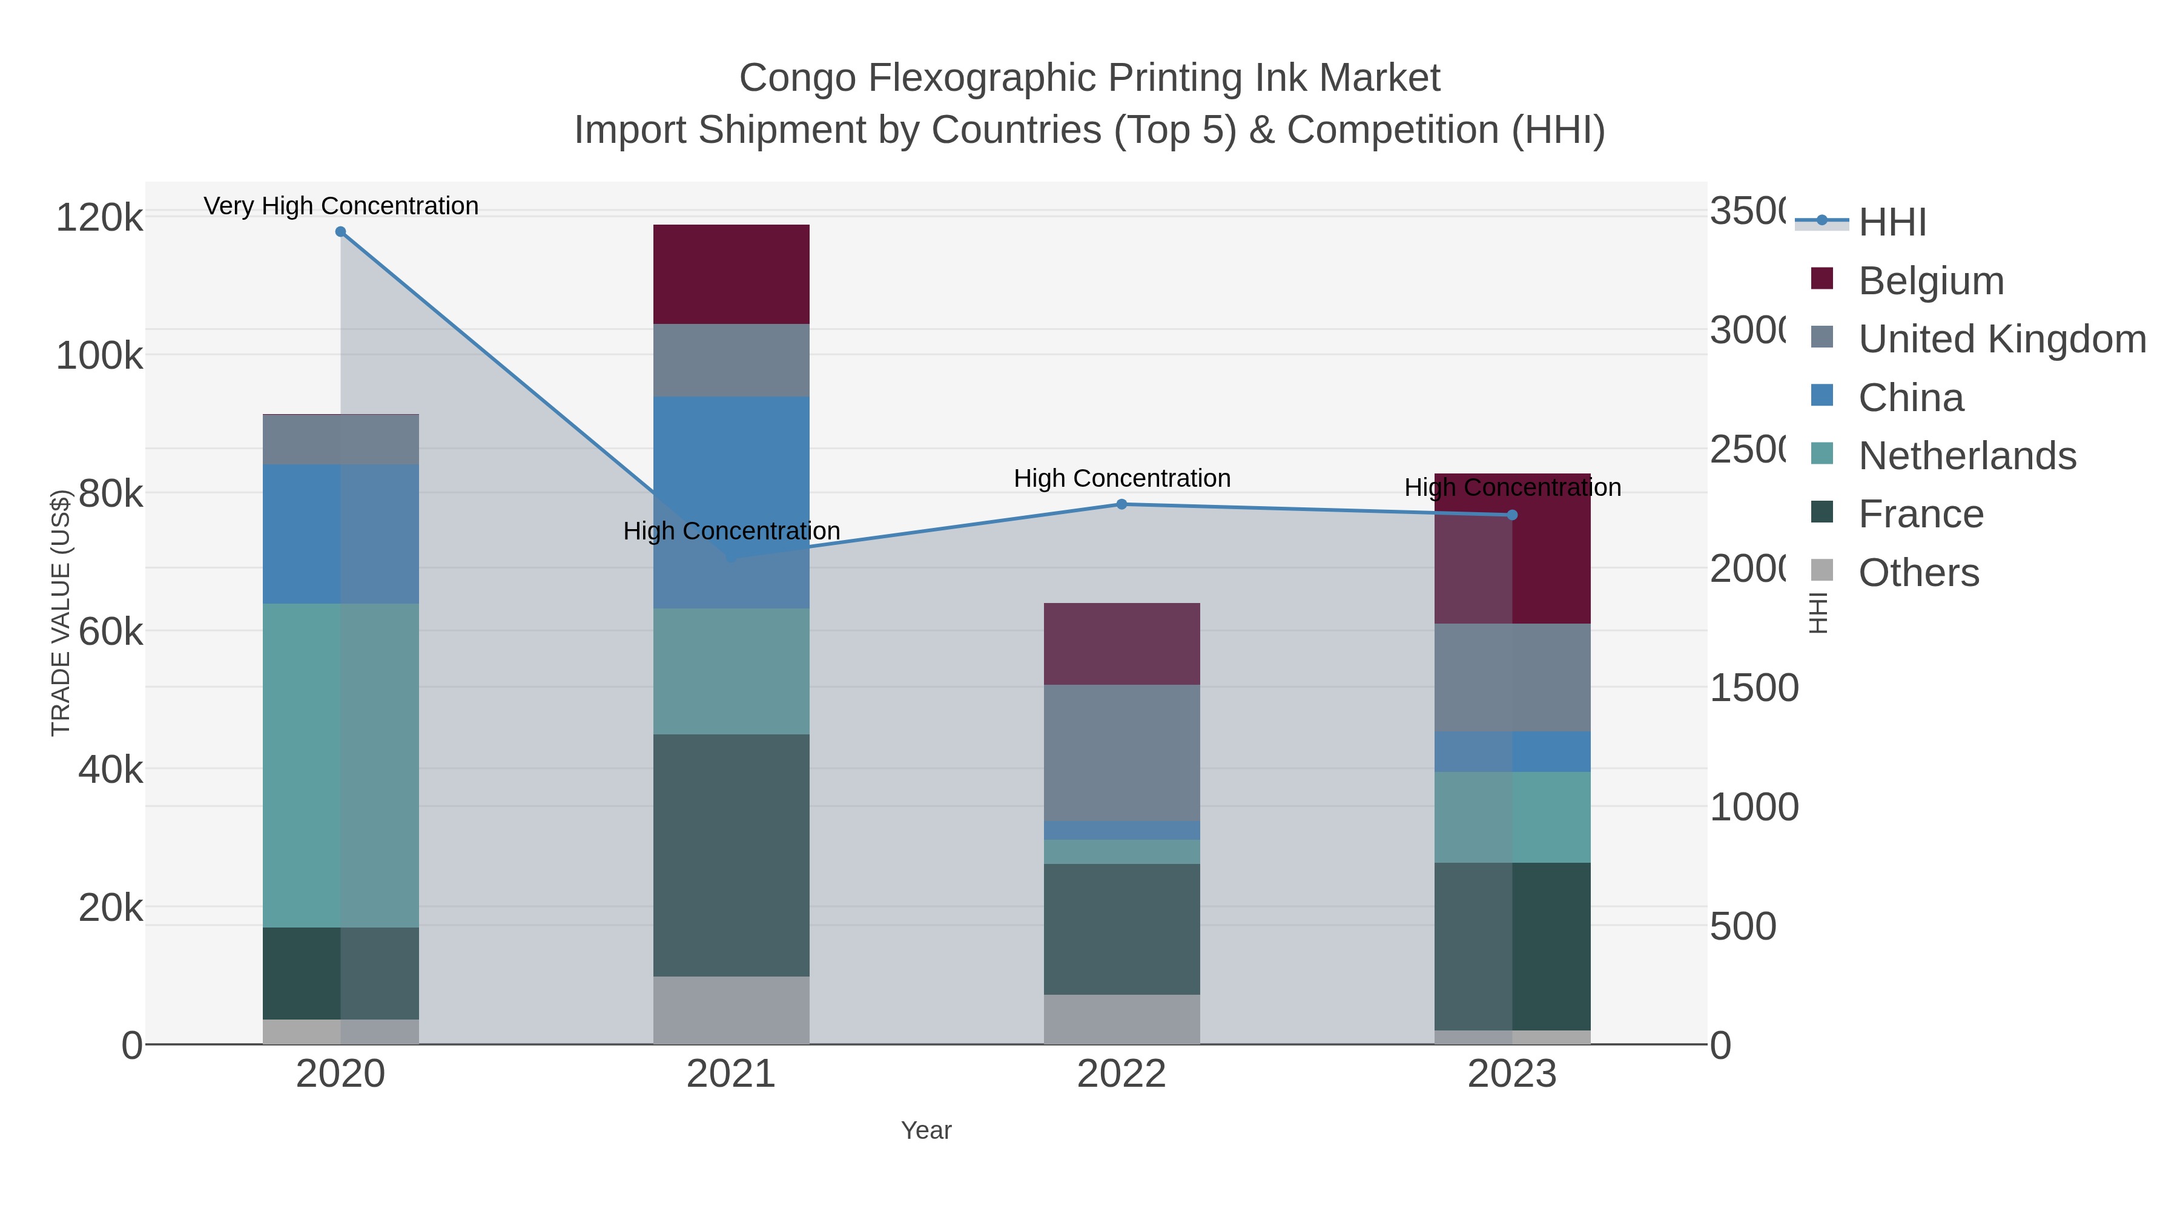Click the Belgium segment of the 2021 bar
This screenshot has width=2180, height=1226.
point(731,274)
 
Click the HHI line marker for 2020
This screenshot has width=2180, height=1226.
point(340,232)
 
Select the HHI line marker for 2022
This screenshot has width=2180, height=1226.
point(1121,504)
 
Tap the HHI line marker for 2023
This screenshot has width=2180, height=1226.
point(1512,515)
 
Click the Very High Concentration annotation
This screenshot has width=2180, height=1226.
point(341,206)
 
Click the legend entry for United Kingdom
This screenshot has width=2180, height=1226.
point(2001,339)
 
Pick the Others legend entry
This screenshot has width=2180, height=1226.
point(1918,573)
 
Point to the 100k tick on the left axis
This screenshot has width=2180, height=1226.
point(99,356)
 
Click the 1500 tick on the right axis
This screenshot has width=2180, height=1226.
point(1754,688)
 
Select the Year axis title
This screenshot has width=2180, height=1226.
point(926,1130)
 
